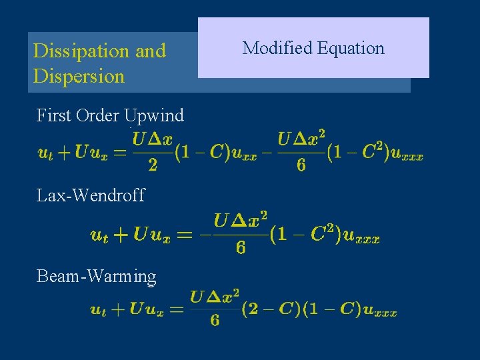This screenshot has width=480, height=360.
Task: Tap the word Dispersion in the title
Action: (79, 76)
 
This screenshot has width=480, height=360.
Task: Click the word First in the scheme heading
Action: (53, 115)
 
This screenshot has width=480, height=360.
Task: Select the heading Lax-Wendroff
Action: (91, 195)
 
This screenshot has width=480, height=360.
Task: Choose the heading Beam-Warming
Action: (97, 276)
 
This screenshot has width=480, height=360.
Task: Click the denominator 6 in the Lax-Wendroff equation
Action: (241, 248)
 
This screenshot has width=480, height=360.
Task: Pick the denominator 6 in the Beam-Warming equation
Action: (215, 321)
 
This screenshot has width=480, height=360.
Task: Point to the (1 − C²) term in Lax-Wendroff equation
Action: (306, 235)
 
